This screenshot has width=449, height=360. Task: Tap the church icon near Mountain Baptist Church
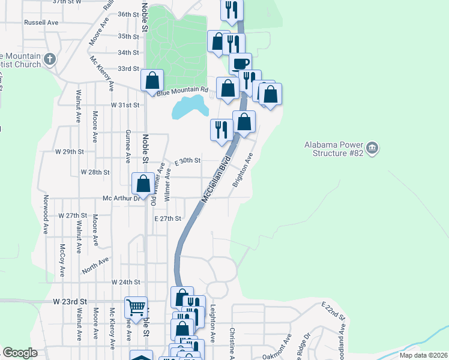tap(50, 59)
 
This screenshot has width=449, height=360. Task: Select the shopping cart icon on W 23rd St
tap(136, 307)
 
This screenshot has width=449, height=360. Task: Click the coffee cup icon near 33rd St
tap(240, 64)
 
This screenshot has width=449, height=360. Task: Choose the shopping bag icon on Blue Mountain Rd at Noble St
tap(152, 80)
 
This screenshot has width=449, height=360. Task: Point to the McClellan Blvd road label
tap(217, 179)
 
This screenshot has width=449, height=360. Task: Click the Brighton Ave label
tap(243, 170)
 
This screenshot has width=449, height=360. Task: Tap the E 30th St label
tap(187, 161)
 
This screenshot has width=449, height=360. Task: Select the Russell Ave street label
tap(41, 22)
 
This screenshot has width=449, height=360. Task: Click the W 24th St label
tap(125, 281)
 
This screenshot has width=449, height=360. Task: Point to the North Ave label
tap(96, 265)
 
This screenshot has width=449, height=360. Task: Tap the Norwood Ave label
tap(45, 214)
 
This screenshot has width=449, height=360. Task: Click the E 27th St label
tap(167, 218)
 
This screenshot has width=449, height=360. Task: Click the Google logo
tap(20, 353)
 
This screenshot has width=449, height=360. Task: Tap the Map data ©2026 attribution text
tap(423, 355)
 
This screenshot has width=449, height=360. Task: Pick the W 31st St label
tap(125, 104)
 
